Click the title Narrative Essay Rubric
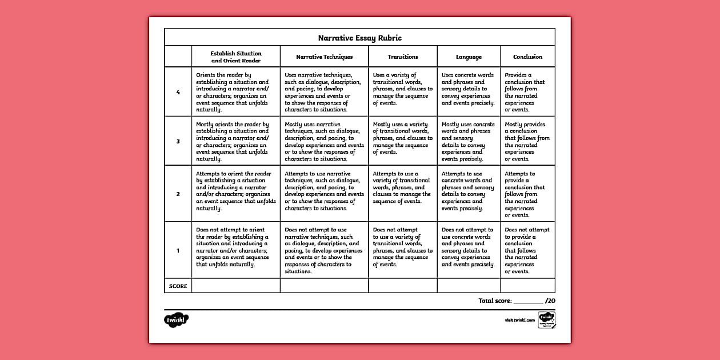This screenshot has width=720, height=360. (359, 38)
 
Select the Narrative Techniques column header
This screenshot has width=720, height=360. (324, 57)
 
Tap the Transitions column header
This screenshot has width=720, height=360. (403, 57)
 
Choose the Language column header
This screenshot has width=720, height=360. (469, 57)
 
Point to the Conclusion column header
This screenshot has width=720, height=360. (527, 57)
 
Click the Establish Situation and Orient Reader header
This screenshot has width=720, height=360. (235, 57)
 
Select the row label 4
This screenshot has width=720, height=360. (178, 92)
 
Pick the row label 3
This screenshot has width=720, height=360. (178, 141)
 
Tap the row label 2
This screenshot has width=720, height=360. (178, 194)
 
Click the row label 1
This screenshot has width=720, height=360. (178, 250)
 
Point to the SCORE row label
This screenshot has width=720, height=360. (178, 286)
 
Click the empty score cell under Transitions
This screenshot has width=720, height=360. (403, 286)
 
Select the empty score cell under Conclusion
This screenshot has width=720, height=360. (527, 286)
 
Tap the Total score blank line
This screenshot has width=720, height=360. (529, 301)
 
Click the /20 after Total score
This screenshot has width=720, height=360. (550, 301)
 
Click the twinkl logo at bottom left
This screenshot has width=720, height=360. (176, 320)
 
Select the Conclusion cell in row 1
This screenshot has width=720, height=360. (527, 250)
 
